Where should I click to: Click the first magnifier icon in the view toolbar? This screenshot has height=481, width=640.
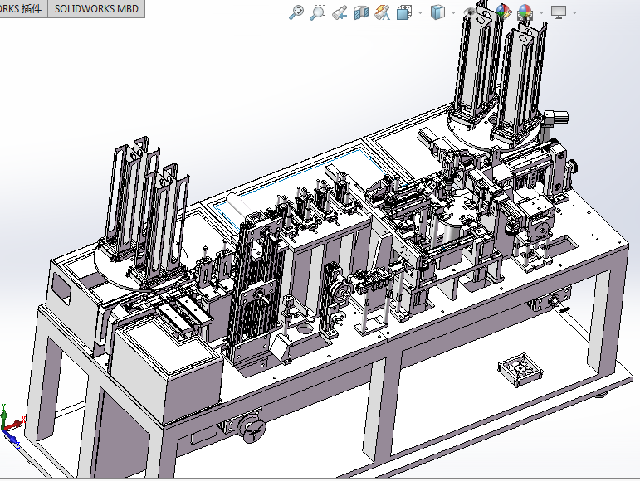point(296,12)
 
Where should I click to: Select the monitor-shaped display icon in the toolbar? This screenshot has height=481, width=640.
point(559,12)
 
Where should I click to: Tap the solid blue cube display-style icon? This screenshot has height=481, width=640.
point(437,12)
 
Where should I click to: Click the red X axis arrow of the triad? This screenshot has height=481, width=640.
point(18,423)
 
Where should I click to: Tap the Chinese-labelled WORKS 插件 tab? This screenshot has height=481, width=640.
point(23,9)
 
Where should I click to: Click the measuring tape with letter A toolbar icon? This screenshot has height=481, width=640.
point(381,12)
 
